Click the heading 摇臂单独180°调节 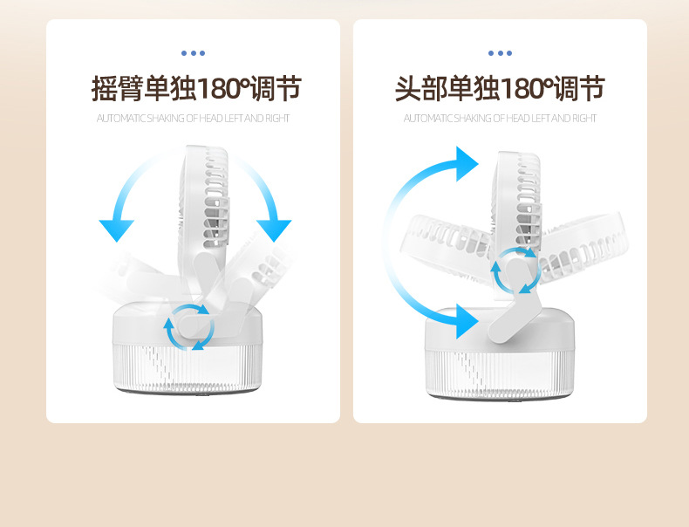coord(196,89)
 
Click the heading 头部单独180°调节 coord(500,89)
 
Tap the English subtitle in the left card coord(193,119)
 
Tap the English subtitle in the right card coord(500,119)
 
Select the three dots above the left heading coord(193,53)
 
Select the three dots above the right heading coord(500,53)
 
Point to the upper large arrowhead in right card coord(467,164)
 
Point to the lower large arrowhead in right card coord(467,322)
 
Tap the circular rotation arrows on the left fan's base coord(189,327)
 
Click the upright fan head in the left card coord(206,196)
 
